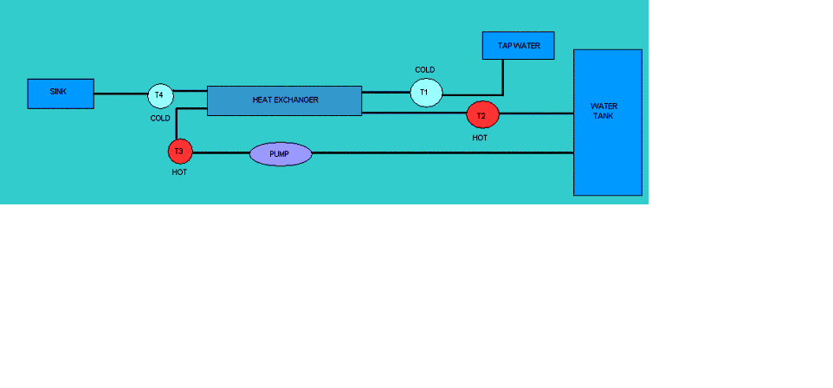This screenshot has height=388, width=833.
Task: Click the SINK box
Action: [61, 94]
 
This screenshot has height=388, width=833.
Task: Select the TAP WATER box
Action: [518, 46]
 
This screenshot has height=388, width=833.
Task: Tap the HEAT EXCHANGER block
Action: [284, 100]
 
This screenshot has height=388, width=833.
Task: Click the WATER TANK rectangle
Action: [608, 122]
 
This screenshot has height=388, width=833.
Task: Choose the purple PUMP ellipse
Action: [281, 154]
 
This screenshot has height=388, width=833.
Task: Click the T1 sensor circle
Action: [426, 93]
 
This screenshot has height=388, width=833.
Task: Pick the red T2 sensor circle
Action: [483, 115]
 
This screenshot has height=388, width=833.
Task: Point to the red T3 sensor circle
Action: [180, 152]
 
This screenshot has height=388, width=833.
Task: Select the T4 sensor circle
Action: [160, 95]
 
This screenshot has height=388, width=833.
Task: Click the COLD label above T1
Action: [425, 69]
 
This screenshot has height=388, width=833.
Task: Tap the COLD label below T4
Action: [160, 119]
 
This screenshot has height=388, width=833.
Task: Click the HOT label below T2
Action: [480, 138]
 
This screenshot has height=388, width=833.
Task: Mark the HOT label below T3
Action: [179, 172]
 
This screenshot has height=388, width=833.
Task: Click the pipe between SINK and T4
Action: [120, 94]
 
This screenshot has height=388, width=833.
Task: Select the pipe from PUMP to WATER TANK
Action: [442, 153]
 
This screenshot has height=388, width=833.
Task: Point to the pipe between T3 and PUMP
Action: [221, 153]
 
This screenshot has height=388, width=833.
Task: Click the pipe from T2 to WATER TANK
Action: [537, 113]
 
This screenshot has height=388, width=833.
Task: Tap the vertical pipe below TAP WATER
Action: [502, 78]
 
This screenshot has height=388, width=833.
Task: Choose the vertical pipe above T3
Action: [177, 125]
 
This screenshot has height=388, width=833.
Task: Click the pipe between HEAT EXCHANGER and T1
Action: [385, 92]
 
